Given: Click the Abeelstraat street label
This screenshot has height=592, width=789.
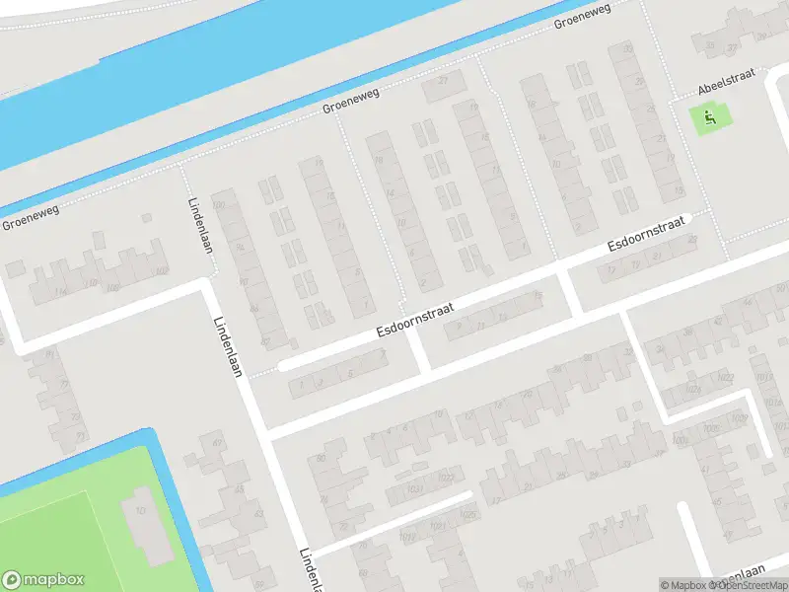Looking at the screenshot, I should pyautogui.click(x=727, y=87).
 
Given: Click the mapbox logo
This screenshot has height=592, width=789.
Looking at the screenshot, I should pyautogui.click(x=43, y=580).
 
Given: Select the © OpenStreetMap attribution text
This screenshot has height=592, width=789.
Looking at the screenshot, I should pyautogui.click(x=749, y=585).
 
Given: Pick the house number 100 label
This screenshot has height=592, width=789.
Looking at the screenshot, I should pyautogui.click(x=219, y=204).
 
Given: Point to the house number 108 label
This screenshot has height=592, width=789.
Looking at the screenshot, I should pyautogui.click(x=112, y=287).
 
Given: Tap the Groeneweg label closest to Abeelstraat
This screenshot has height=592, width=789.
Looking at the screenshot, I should pyautogui.click(x=582, y=15).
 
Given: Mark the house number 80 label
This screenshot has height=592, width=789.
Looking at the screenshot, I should pyautogui.click(x=321, y=459).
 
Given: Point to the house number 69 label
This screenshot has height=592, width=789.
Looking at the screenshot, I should pyautogui.click(x=217, y=444).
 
